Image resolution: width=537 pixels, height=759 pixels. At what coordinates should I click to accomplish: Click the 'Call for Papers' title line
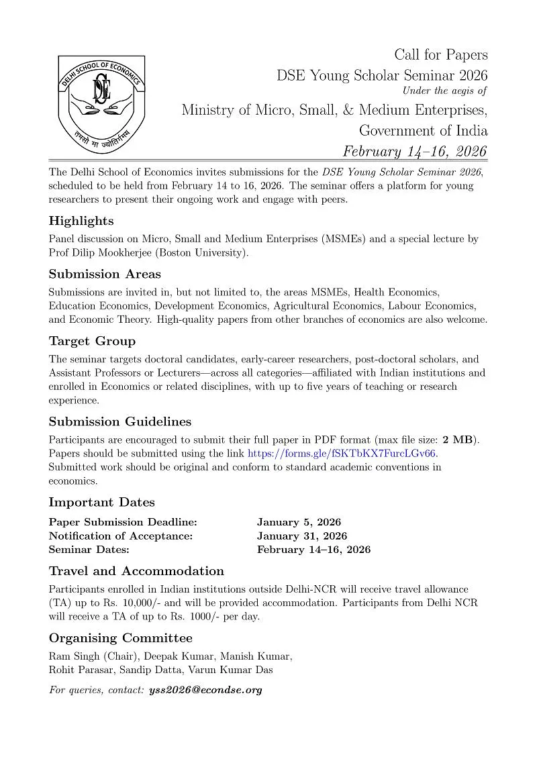click(x=440, y=55)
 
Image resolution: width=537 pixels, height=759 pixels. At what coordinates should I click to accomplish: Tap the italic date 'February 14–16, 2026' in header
click(x=415, y=151)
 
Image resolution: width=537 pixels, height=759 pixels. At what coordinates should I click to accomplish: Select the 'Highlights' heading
click(x=81, y=221)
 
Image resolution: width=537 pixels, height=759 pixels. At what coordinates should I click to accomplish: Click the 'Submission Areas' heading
click(x=105, y=274)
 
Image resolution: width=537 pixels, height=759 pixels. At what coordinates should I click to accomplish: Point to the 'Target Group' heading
click(x=92, y=341)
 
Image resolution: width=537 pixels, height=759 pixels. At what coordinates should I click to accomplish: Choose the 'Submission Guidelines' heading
click(x=120, y=421)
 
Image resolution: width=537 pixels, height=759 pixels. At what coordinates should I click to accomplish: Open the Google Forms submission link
click(x=342, y=454)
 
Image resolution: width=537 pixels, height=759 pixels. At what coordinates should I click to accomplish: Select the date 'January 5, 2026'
click(x=299, y=522)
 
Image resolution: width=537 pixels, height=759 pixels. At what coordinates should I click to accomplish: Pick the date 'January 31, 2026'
click(x=302, y=536)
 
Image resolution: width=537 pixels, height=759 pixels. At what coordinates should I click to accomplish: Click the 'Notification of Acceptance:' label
click(x=121, y=536)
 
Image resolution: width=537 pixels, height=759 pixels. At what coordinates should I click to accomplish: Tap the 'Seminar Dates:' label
click(x=89, y=550)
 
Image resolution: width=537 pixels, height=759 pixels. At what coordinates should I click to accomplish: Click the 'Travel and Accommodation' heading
click(x=136, y=571)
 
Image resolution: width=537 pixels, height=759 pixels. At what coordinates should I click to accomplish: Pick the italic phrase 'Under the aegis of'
click(x=444, y=91)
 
